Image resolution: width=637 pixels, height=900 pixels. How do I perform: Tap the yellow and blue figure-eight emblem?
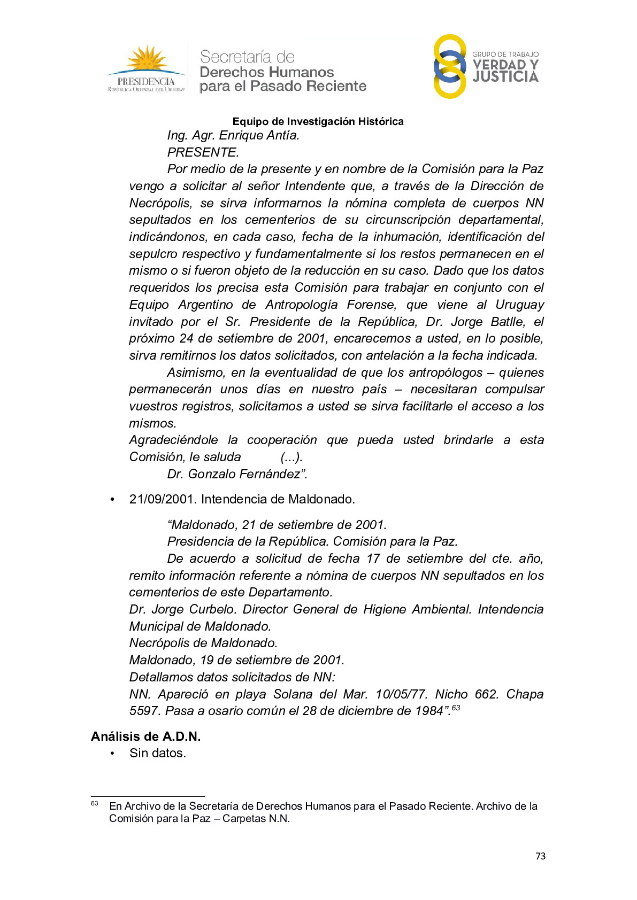(x=450, y=67)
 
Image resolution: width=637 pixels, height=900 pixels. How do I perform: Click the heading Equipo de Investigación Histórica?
(x=318, y=122)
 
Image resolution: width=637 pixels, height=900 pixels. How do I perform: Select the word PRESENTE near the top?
(x=203, y=152)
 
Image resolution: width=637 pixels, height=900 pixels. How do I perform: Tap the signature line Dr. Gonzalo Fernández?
(x=237, y=474)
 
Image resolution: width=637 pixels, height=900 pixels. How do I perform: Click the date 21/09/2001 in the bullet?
(x=161, y=499)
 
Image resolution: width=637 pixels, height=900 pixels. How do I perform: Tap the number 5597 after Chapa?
(x=144, y=711)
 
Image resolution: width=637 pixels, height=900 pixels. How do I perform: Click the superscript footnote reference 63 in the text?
(x=456, y=708)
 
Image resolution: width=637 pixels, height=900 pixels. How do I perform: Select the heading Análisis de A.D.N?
(x=145, y=736)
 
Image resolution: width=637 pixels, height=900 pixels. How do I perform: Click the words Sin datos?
(x=158, y=754)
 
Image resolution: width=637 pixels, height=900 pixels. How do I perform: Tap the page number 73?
(x=540, y=856)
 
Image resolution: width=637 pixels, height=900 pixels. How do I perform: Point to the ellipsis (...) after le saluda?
(x=291, y=457)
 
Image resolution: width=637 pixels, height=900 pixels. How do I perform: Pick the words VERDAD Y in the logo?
(x=505, y=65)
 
